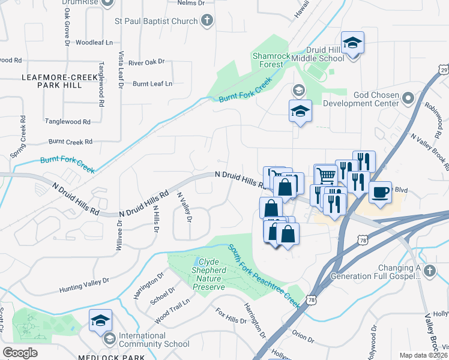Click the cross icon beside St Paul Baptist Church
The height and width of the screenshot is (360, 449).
coord(206,22)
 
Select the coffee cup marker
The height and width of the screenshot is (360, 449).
coord(379,192)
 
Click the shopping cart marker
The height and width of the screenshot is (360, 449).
coord(326,175)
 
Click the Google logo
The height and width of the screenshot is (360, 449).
coord(20,352)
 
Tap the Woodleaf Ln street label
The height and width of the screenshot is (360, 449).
coord(94,43)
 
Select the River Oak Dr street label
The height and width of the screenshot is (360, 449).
coord(146,62)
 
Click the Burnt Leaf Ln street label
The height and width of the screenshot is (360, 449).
coord(152,83)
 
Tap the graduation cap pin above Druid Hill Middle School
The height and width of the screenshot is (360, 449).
coord(353,43)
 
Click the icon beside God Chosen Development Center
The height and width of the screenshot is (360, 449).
coord(408,97)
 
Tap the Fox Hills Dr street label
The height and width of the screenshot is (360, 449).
coord(231,316)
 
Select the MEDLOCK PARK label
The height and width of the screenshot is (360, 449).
coord(111,357)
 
